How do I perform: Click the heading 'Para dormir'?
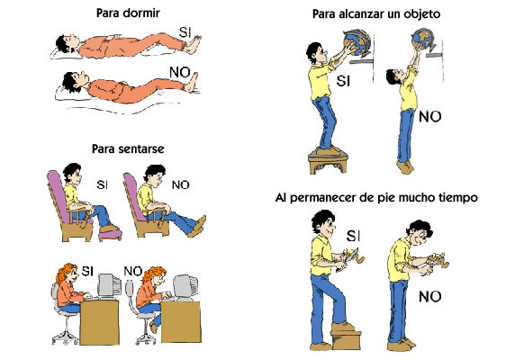(128, 13)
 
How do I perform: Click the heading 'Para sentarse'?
(128, 149)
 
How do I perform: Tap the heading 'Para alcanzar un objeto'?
(376, 14)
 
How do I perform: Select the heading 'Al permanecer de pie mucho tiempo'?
(376, 197)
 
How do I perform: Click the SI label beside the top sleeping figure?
(185, 32)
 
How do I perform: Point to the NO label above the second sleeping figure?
(180, 73)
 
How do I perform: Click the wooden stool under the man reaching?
(329, 162)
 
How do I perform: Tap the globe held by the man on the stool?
(357, 42)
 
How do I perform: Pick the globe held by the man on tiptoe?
(423, 39)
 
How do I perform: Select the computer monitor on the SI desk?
(109, 286)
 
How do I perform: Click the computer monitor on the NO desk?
(185, 287)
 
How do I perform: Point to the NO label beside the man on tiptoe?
(429, 117)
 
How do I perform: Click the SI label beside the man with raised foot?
(353, 237)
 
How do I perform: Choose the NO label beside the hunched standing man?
(429, 296)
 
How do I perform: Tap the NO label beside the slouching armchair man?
(180, 185)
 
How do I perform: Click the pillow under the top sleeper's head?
(59, 53)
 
